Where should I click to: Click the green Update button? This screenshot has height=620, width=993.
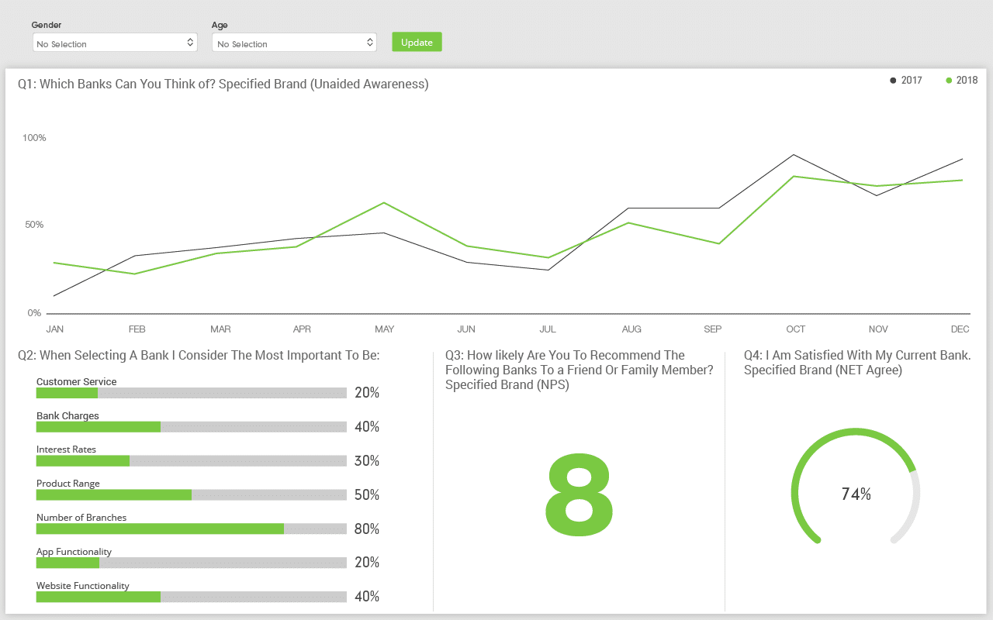pos(417,42)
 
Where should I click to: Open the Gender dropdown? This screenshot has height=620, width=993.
pos(115,43)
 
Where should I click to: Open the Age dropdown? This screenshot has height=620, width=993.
pos(294,43)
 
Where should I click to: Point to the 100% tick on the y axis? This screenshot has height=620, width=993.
pos(34,138)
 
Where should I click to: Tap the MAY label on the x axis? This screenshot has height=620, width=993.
pos(384,329)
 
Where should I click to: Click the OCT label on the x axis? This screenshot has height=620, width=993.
pos(795,329)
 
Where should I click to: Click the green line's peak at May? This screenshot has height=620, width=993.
pos(384,203)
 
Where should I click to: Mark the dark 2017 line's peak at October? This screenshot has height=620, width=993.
pos(794,154)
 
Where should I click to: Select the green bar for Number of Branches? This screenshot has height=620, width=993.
pos(160,529)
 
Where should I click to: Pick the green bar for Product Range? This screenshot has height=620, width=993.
pos(114,494)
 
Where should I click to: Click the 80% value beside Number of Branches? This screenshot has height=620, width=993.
pos(366,529)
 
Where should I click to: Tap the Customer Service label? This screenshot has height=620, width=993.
pos(76,381)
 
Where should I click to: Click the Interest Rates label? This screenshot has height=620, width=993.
pos(67,449)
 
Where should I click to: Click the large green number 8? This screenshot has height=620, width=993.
pos(579,496)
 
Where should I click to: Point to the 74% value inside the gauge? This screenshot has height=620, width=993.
pos(856,494)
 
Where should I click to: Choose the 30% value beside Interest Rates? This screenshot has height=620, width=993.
pos(366,461)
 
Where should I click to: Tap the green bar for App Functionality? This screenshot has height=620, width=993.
pos(67,563)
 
